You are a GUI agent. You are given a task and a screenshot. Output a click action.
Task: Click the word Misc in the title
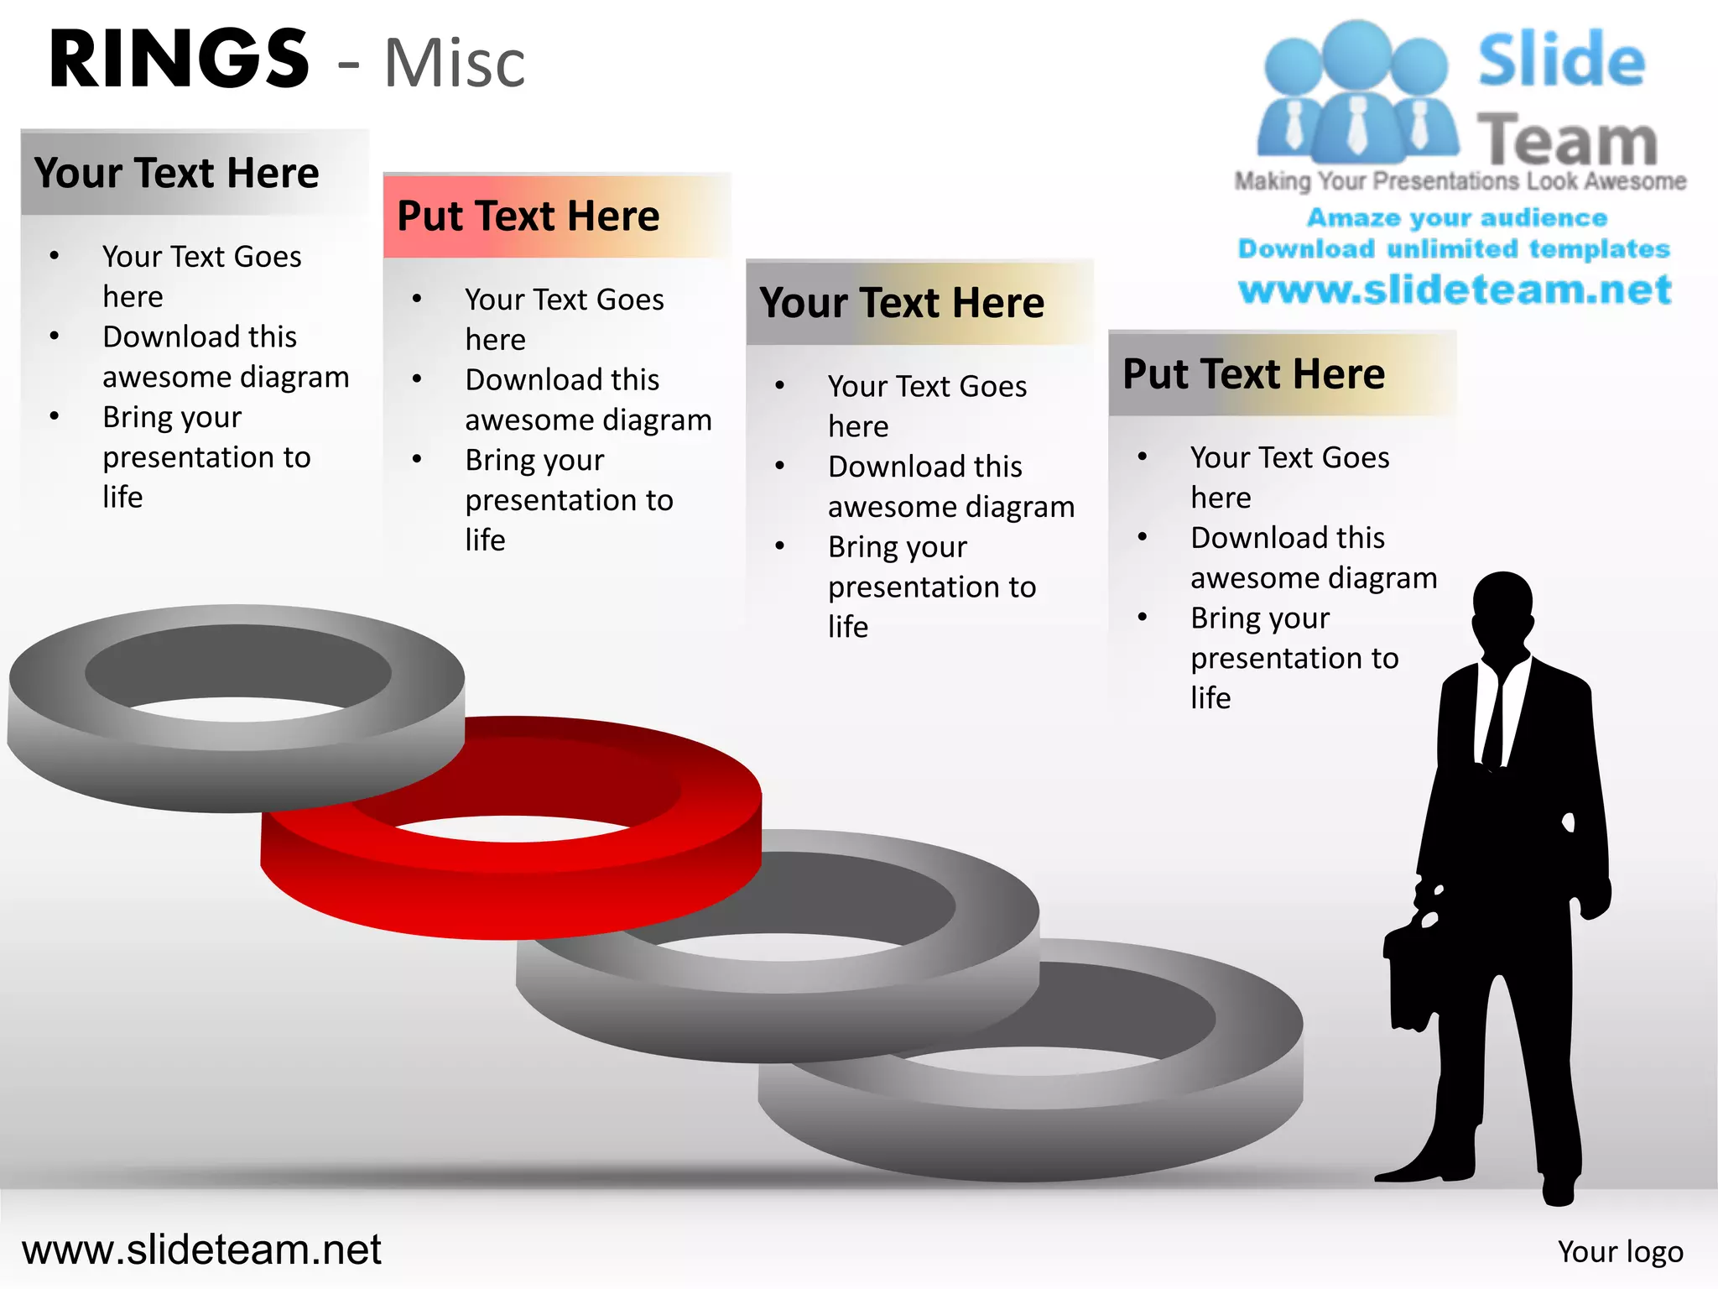click(x=454, y=64)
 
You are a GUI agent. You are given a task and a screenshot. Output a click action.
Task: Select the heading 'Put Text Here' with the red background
click(x=528, y=216)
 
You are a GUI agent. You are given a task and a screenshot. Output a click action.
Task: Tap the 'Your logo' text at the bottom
click(x=1620, y=1251)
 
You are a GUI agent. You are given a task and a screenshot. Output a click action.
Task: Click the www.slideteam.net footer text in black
click(x=201, y=1250)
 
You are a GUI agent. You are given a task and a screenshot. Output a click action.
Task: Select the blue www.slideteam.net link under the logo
click(x=1455, y=290)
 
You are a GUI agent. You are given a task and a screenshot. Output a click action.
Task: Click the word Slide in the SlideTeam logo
click(x=1560, y=60)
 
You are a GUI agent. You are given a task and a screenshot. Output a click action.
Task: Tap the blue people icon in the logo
click(x=1356, y=92)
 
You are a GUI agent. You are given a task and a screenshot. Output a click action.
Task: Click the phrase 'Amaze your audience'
click(x=1457, y=217)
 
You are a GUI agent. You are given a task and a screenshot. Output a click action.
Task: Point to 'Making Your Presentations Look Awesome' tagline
click(x=1460, y=181)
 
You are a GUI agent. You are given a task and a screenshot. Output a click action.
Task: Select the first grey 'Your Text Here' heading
click(x=177, y=173)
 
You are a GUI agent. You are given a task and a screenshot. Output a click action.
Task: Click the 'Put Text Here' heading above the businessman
click(x=1253, y=373)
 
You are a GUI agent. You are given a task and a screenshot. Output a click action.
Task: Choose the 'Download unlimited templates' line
click(x=1454, y=248)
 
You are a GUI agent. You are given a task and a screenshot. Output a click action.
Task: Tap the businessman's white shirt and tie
click(x=1492, y=713)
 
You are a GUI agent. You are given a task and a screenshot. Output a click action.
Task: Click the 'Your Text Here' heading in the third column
click(x=902, y=302)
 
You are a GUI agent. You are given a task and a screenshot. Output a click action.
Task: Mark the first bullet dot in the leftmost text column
click(x=55, y=256)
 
